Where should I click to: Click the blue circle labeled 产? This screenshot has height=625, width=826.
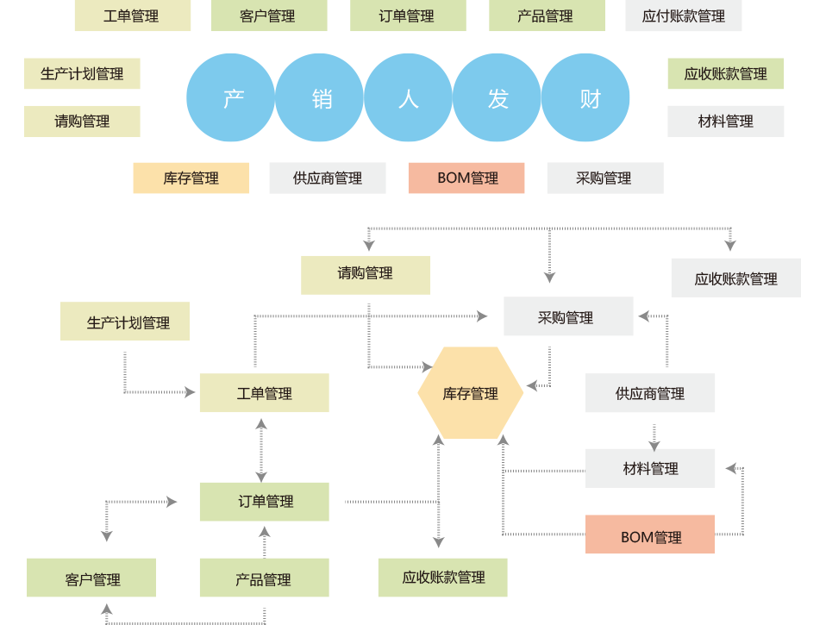[x=230, y=98]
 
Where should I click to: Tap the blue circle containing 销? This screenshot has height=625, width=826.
[x=320, y=98]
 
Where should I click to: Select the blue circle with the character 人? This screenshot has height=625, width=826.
[x=409, y=98]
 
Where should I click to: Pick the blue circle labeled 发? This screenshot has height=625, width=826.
[x=497, y=98]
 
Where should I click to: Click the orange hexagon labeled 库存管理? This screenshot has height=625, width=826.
[x=470, y=393]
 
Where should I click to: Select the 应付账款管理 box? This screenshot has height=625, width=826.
[x=683, y=16]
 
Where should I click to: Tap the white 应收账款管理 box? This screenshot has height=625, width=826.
[x=735, y=278]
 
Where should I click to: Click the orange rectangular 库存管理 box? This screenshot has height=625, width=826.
[x=191, y=178]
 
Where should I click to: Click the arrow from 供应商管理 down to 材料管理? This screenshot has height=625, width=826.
[x=654, y=436]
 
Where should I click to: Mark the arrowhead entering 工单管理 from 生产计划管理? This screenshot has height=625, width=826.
[x=190, y=392]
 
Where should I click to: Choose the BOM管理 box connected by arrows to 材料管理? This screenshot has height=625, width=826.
[x=650, y=535]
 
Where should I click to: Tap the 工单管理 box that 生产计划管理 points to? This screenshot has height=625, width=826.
[x=264, y=393]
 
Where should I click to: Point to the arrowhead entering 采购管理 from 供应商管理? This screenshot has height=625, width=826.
[x=643, y=317]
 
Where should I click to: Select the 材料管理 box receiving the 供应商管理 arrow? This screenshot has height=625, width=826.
[x=650, y=468]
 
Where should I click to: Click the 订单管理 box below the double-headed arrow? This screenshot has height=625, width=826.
[x=264, y=502]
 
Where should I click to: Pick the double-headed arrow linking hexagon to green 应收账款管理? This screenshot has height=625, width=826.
[x=438, y=491]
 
